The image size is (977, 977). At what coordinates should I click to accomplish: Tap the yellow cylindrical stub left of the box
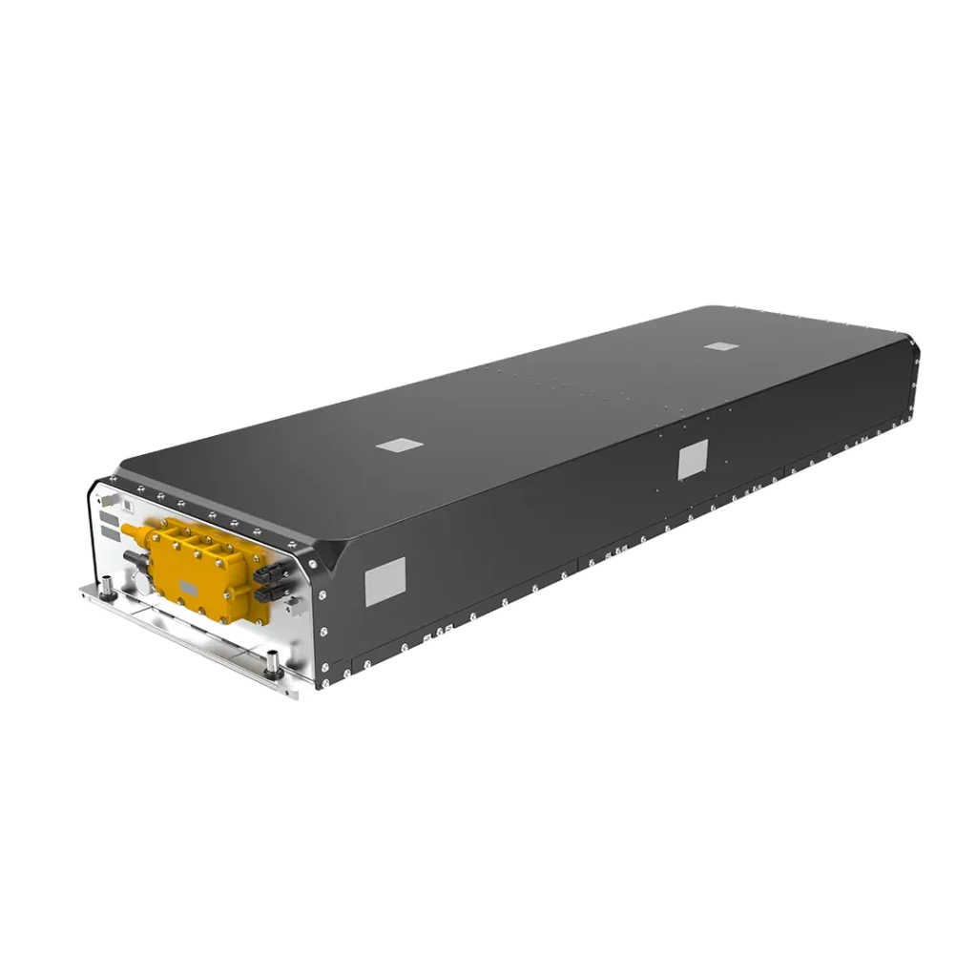point(129,529)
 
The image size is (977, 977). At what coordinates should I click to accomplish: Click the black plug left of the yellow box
point(134,558)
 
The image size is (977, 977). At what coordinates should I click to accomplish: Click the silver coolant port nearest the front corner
point(272,661)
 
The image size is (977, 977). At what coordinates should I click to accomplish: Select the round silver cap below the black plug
point(143,580)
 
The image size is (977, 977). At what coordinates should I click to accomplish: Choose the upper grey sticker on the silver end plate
point(109,517)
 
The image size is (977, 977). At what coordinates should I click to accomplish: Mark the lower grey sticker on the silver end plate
point(111,532)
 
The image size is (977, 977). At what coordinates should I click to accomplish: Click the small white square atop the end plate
point(127,506)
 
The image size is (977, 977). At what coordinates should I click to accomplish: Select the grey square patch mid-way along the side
point(692,463)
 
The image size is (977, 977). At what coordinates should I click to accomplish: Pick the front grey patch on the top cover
point(398,446)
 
